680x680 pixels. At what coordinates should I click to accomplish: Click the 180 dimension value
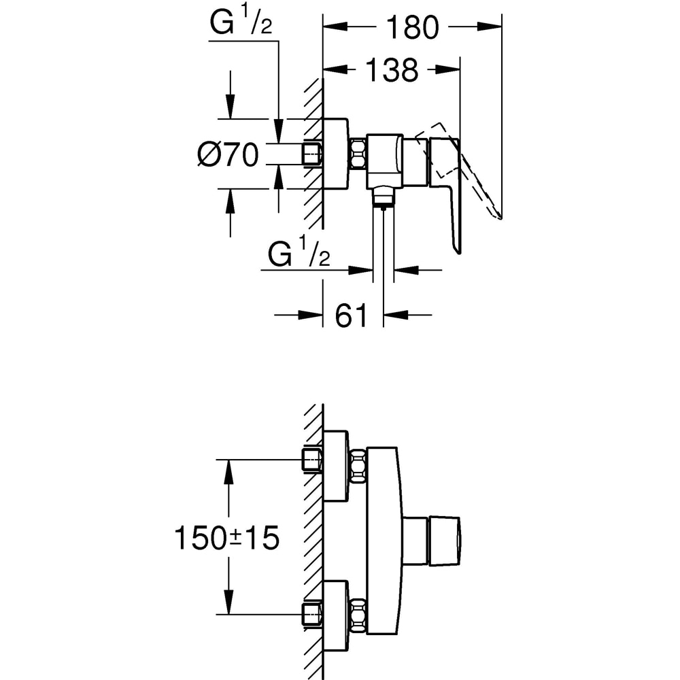pyautogui.click(x=412, y=28)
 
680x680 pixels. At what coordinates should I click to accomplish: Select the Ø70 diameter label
pyautogui.click(x=228, y=156)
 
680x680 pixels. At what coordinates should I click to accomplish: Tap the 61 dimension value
pyautogui.click(x=352, y=316)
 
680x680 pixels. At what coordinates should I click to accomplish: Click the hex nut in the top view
pyautogui.click(x=358, y=154)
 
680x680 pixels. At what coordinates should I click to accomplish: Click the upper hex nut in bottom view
pyautogui.click(x=358, y=466)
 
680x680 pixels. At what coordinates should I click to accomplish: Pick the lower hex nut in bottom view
pyautogui.click(x=358, y=615)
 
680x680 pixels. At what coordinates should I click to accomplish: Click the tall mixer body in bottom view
pyautogui.click(x=383, y=541)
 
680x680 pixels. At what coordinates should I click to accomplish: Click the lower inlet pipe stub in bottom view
pyautogui.click(x=312, y=614)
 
